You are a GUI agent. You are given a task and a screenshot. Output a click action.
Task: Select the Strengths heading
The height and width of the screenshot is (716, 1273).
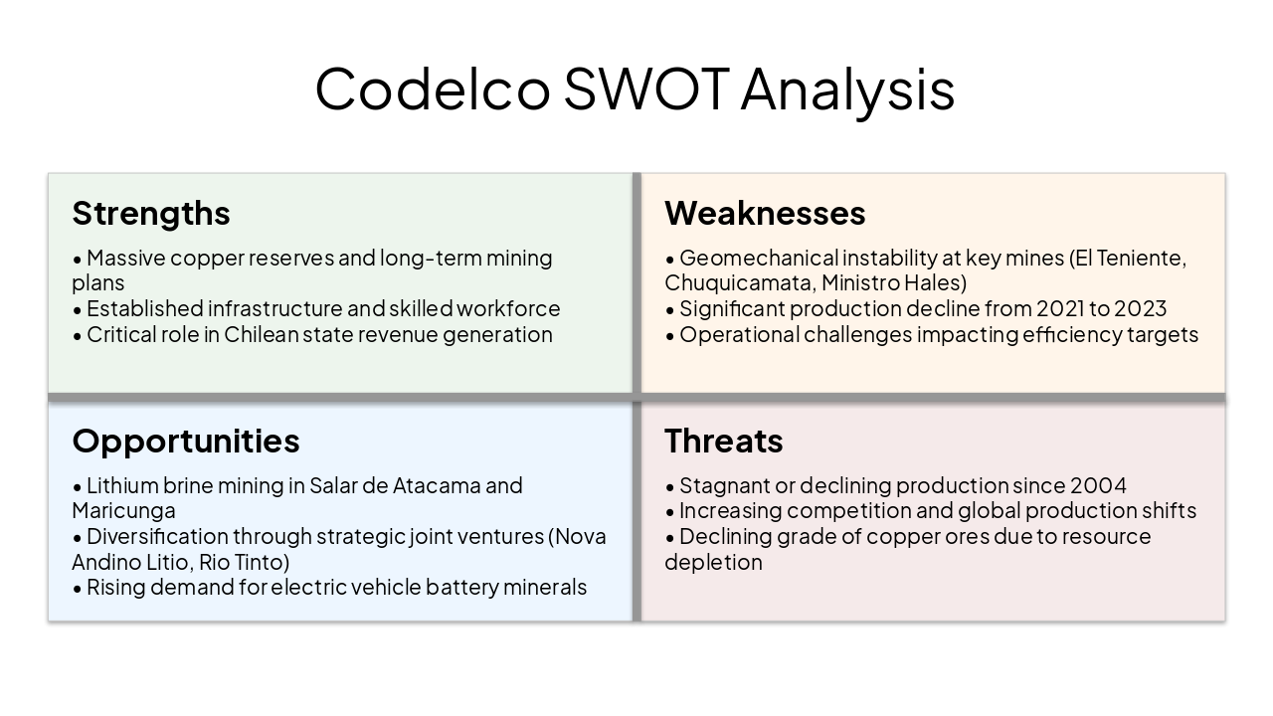pos(151,213)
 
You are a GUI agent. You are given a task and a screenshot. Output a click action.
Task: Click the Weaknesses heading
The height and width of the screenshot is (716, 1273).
pos(765,213)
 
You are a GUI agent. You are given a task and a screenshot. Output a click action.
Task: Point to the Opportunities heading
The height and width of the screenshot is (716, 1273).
pos(185,441)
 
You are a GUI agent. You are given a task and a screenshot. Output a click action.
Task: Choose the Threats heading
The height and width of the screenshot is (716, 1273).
pos(723,441)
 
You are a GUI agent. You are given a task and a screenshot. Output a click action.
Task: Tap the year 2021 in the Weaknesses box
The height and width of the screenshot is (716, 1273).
pos(1063,308)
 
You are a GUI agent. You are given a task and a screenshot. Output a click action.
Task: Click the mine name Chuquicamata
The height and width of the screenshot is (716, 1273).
pos(739,282)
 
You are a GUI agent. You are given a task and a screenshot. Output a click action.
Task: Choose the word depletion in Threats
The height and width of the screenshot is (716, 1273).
pos(713,562)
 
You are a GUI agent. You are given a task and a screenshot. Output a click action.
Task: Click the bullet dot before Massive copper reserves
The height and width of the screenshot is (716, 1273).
pos(78,259)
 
